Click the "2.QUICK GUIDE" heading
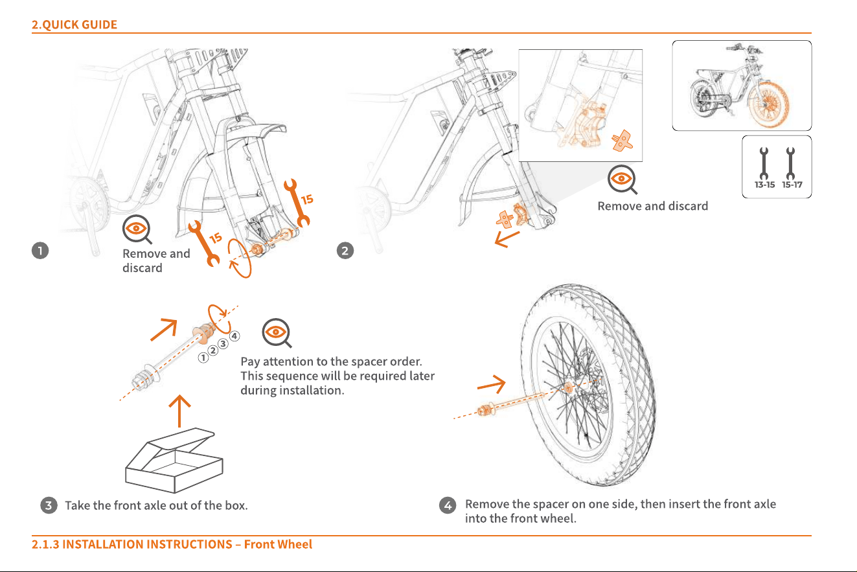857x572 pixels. tap(74, 25)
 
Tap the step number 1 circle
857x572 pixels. tap(40, 251)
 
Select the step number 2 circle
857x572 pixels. tap(345, 251)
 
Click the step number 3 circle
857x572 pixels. tap(49, 505)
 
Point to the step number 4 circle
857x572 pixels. tap(448, 505)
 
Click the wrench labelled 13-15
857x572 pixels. tap(764, 164)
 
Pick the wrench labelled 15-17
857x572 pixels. tap(790, 164)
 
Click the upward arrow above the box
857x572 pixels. tap(179, 411)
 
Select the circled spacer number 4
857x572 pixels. tap(234, 336)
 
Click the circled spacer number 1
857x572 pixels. tap(203, 358)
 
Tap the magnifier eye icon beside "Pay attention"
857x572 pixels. tap(277, 332)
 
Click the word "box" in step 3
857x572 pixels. tap(235, 505)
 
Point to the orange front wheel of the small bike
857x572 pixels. tap(769, 104)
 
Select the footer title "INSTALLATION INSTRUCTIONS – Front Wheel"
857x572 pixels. tap(187, 544)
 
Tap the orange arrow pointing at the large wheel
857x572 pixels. tap(492, 384)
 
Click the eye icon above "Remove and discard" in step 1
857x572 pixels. tap(137, 229)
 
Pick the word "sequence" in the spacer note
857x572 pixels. tap(292, 376)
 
